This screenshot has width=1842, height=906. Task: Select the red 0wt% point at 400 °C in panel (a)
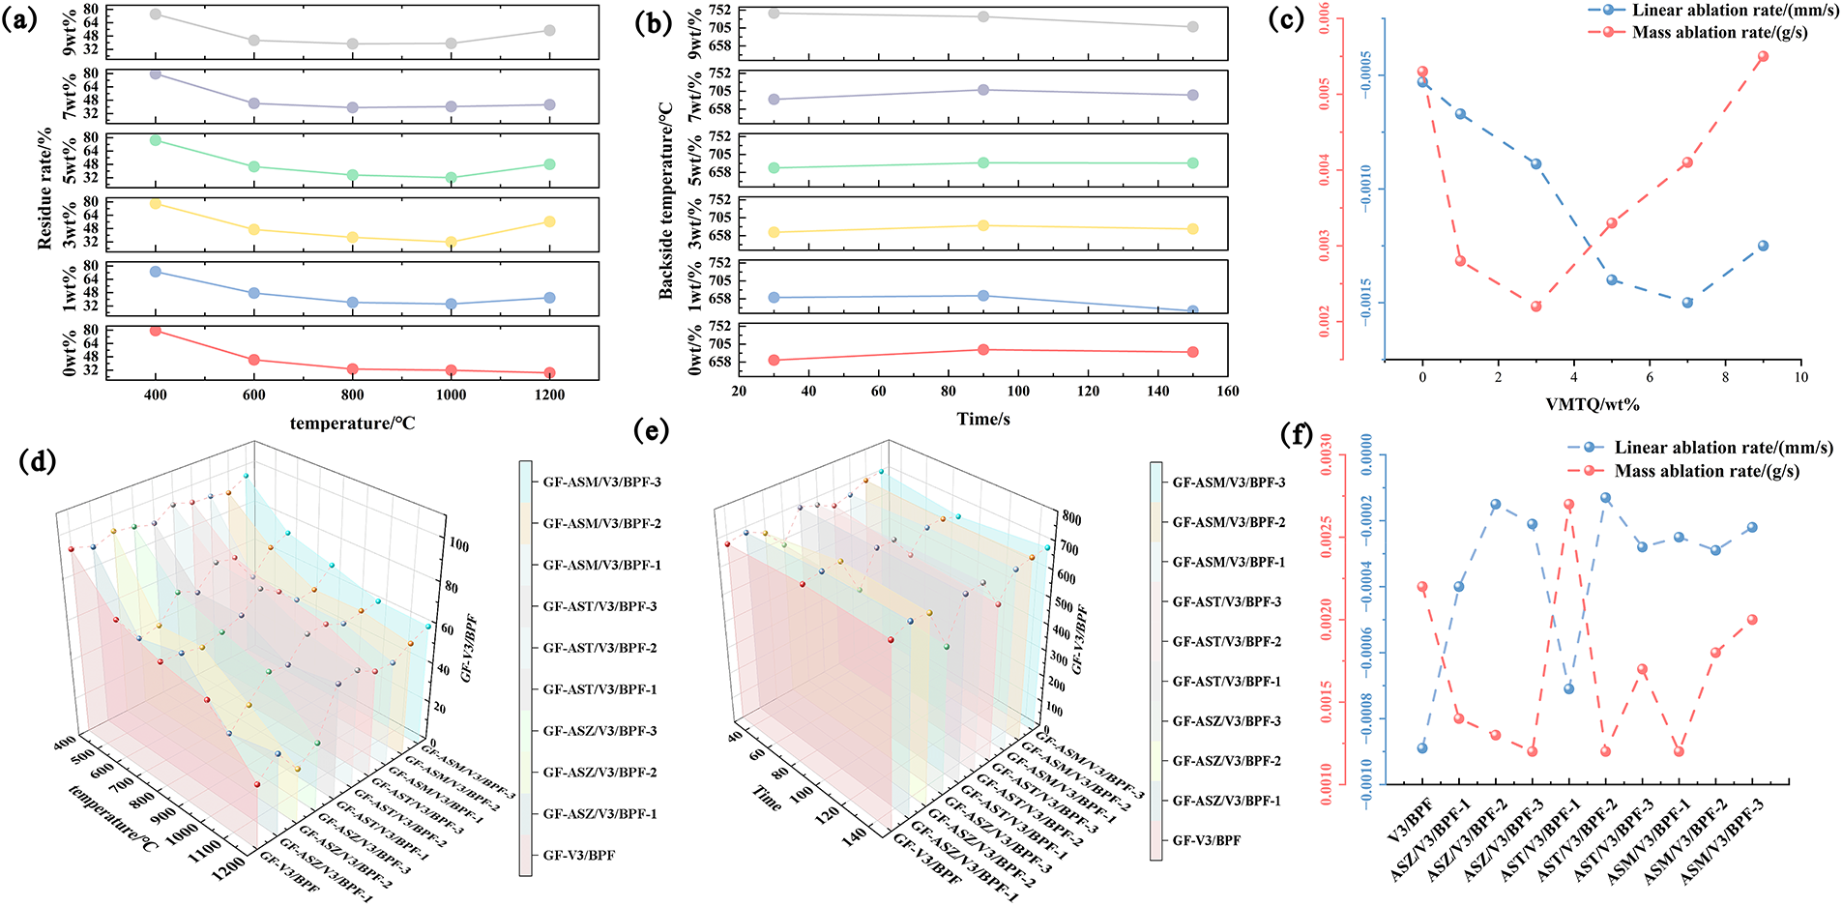[155, 331]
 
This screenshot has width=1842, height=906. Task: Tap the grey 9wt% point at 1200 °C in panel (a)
[550, 31]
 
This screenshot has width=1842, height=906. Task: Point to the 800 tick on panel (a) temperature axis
[353, 395]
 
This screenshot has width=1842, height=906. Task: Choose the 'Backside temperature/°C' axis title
[666, 201]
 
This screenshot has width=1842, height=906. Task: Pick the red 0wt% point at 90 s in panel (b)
[983, 350]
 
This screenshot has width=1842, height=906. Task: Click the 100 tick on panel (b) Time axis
[1018, 391]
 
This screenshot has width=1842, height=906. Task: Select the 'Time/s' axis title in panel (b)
[983, 419]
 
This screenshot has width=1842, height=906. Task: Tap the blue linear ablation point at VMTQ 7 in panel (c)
[1687, 303]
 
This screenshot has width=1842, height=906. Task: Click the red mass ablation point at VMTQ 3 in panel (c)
[1535, 307]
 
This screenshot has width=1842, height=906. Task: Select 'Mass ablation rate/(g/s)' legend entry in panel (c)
[1719, 33]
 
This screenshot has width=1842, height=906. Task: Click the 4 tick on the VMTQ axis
[1573, 377]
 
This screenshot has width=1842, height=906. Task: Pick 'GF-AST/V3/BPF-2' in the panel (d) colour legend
[599, 648]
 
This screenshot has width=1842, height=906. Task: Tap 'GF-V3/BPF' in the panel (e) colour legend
[1206, 840]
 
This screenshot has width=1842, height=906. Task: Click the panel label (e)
[650, 430]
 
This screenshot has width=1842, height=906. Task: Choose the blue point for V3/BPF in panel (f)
[1421, 748]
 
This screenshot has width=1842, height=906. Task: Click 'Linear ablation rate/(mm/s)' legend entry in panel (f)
[1723, 448]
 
